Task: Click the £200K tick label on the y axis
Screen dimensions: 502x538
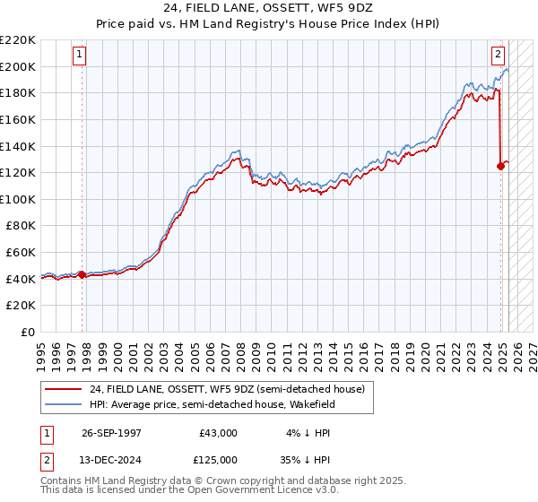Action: pyautogui.click(x=18, y=66)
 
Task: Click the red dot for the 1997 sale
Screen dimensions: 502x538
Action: pyautogui.click(x=82, y=275)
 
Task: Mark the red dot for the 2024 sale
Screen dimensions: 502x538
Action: pyautogui.click(x=500, y=166)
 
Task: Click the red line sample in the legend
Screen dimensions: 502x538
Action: pyautogui.click(x=64, y=389)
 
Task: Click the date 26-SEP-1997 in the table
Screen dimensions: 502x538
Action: pyautogui.click(x=112, y=432)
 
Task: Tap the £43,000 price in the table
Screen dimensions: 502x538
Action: pyautogui.click(x=219, y=432)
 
